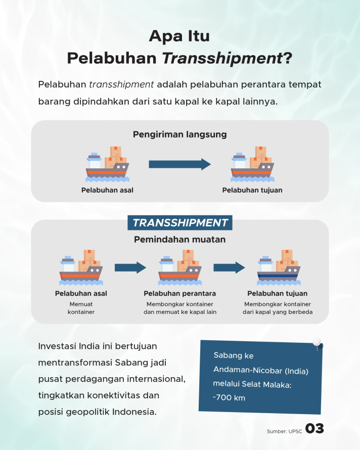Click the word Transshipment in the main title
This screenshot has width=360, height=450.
222,58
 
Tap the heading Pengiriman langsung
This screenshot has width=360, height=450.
179,134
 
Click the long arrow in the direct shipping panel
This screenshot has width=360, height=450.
179,164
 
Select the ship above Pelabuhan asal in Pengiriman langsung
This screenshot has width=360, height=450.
107,164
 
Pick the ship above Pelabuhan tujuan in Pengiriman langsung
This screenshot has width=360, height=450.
252,164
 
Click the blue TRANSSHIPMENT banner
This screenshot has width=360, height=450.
180,222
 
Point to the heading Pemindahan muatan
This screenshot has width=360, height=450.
179,239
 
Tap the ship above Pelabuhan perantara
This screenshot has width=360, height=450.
179,267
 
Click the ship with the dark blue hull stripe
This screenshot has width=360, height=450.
279,267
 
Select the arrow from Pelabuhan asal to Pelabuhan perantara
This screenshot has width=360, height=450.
130,267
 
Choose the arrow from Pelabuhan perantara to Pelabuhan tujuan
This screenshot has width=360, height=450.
229,267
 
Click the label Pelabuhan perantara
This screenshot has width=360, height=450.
179,293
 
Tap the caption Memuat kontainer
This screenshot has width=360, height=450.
81,308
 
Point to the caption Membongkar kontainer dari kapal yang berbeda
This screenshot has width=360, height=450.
278,308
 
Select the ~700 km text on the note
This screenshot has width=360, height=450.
229,398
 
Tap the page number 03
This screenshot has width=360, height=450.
314,428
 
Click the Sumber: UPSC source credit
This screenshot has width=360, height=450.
285,431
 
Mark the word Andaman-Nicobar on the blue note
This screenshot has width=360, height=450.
248,370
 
